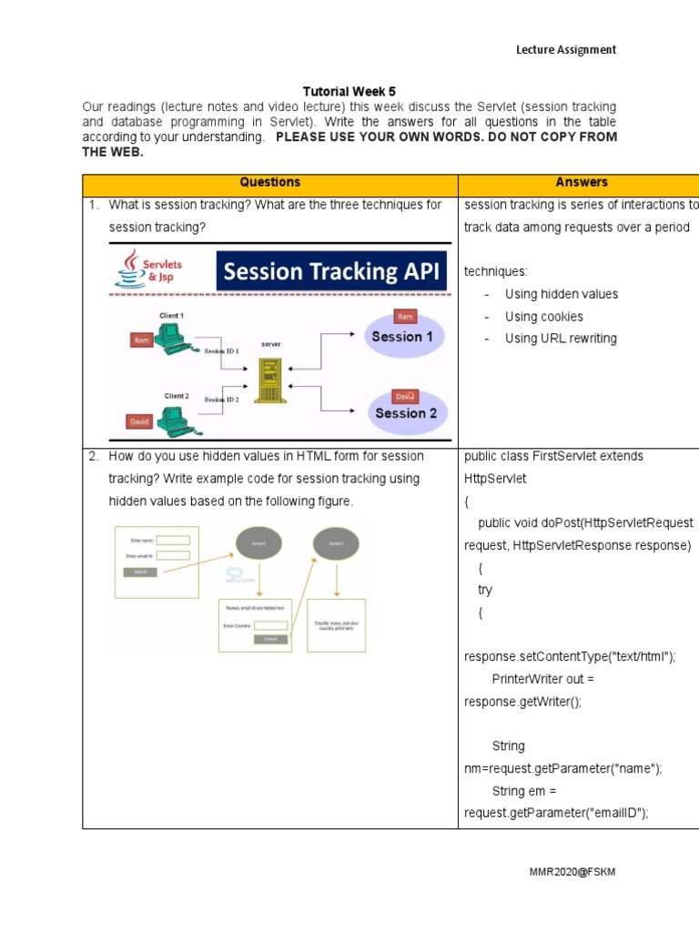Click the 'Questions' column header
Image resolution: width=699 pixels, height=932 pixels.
tap(269, 183)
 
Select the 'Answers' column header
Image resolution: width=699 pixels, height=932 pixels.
tap(581, 183)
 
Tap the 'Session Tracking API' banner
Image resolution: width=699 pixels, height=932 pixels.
tap(332, 271)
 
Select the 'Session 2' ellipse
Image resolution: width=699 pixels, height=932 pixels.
tap(406, 411)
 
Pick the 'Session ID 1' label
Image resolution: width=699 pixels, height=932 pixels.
tap(222, 350)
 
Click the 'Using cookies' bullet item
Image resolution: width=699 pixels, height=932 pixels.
tap(543, 317)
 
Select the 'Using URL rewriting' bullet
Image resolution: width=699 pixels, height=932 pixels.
tap(560, 339)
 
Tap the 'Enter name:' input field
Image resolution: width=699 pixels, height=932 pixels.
tap(173, 540)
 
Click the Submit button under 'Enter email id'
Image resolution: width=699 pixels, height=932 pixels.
tap(139, 572)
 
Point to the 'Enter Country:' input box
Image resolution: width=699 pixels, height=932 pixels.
tap(270, 625)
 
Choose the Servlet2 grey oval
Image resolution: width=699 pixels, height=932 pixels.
tap(335, 544)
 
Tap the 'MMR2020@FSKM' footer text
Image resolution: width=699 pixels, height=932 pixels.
tap(572, 872)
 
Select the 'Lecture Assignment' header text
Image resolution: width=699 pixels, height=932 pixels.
tap(566, 50)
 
